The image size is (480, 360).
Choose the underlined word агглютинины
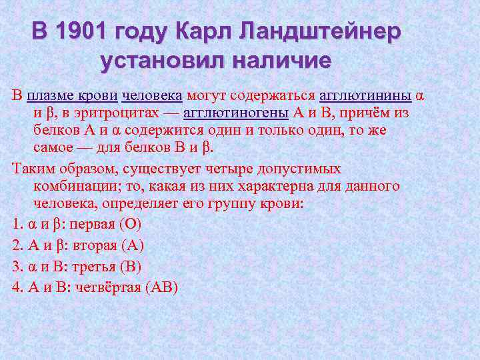pos(365,95)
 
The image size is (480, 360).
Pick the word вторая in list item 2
pos(95,245)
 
